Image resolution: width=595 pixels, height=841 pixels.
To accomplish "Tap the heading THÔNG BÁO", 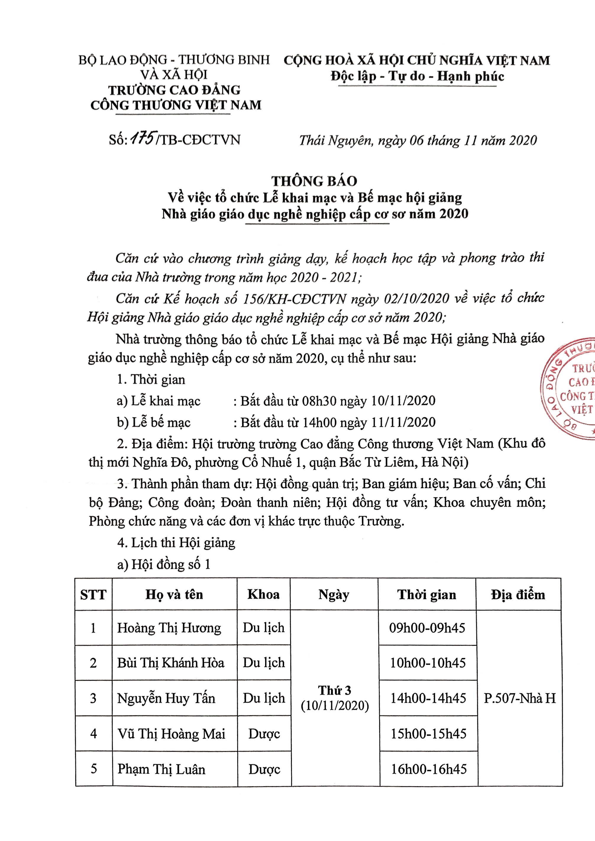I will tap(314, 181).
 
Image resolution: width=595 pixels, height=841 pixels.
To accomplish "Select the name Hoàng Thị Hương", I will tap(169, 628).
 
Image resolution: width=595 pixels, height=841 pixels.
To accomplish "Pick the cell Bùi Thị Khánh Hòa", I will tap(170, 663).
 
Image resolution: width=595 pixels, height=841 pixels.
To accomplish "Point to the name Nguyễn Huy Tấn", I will tap(166, 698).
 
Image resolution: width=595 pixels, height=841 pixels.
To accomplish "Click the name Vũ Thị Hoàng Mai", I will tap(171, 734).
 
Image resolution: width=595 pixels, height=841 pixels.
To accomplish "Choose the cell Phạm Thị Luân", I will tap(161, 769).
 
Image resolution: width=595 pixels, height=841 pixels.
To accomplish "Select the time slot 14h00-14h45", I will tap(428, 698).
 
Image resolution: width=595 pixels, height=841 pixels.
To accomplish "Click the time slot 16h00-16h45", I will tap(429, 769).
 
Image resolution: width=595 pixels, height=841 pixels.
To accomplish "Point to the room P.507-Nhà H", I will tap(520, 698).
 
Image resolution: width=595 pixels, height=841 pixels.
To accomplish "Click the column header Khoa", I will tap(263, 594).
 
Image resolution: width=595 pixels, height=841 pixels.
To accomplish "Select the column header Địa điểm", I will tap(518, 594).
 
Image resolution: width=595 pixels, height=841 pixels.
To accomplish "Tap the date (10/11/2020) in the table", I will tap(334, 706).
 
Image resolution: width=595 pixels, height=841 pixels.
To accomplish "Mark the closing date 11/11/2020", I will tap(403, 422).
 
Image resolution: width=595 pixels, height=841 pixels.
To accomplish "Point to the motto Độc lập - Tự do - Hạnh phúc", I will tap(417, 76).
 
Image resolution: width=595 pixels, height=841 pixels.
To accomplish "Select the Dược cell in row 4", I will tap(264, 734).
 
